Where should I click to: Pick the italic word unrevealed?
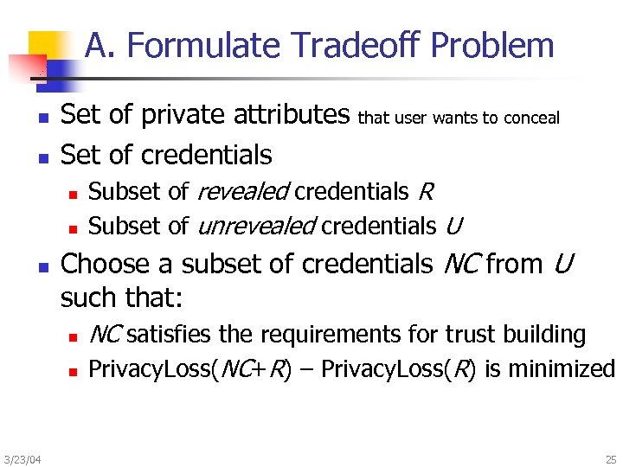click(x=256, y=227)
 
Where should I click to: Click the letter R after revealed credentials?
click(x=426, y=191)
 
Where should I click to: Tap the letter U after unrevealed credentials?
click(x=454, y=227)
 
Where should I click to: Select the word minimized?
click(x=562, y=369)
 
